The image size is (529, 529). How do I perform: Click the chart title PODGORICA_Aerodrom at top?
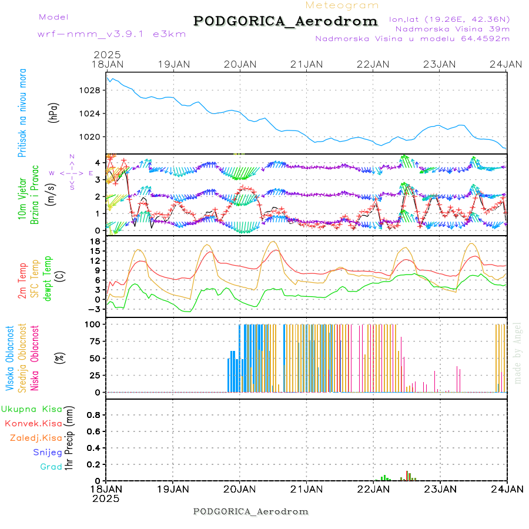[285, 21]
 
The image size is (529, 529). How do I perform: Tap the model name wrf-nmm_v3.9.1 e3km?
[112, 34]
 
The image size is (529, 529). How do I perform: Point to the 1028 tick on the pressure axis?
[92, 91]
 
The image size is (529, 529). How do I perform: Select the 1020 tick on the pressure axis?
[92, 137]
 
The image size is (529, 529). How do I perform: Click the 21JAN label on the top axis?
[307, 63]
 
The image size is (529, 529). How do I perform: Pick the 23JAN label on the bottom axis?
[440, 489]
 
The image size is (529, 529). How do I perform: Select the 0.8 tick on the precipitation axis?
[93, 414]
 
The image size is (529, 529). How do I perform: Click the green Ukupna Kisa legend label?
[31, 409]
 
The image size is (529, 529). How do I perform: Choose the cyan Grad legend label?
[51, 467]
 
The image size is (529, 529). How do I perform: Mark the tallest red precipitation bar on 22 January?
[407, 475]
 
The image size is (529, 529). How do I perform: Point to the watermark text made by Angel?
[518, 353]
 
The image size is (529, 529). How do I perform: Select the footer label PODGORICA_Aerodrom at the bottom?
[251, 511]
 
